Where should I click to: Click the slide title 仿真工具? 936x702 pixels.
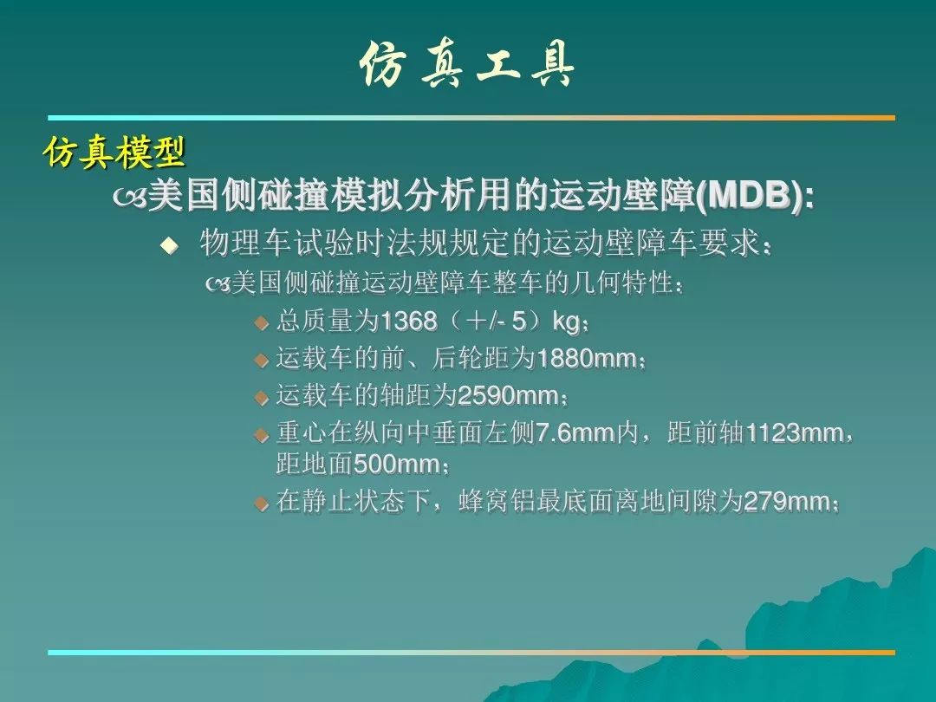pos(467,64)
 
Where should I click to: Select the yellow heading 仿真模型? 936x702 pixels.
pos(114,153)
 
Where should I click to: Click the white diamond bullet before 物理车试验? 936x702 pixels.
pos(170,244)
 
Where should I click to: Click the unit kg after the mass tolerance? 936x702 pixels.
pos(566,322)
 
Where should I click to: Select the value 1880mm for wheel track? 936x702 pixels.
pos(587,358)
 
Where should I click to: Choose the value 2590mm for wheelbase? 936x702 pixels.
pos(507,395)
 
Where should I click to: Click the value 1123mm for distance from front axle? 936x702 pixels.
pos(796,432)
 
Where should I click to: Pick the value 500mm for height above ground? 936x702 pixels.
pos(396,464)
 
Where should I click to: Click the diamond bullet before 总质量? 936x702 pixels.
pos(262,323)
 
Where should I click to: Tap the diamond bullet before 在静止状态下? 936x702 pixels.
pos(262,504)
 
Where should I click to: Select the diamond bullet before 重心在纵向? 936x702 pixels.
pos(262,434)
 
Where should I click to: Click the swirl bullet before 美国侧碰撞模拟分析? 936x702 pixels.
pos(129,198)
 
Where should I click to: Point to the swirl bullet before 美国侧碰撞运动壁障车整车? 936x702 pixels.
pos(218,285)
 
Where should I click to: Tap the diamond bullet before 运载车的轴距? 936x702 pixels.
pos(262,397)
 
